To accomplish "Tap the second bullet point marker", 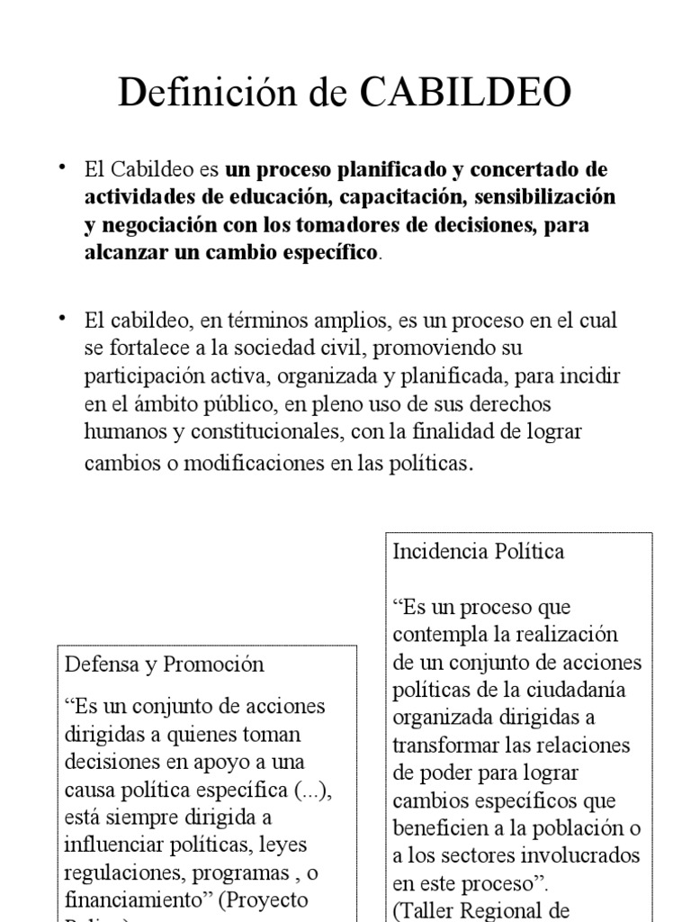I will pos(63,318).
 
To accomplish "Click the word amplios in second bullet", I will pos(341,320).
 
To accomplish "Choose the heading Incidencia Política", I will pos(479,551).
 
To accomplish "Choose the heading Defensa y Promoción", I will pos(165,664).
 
